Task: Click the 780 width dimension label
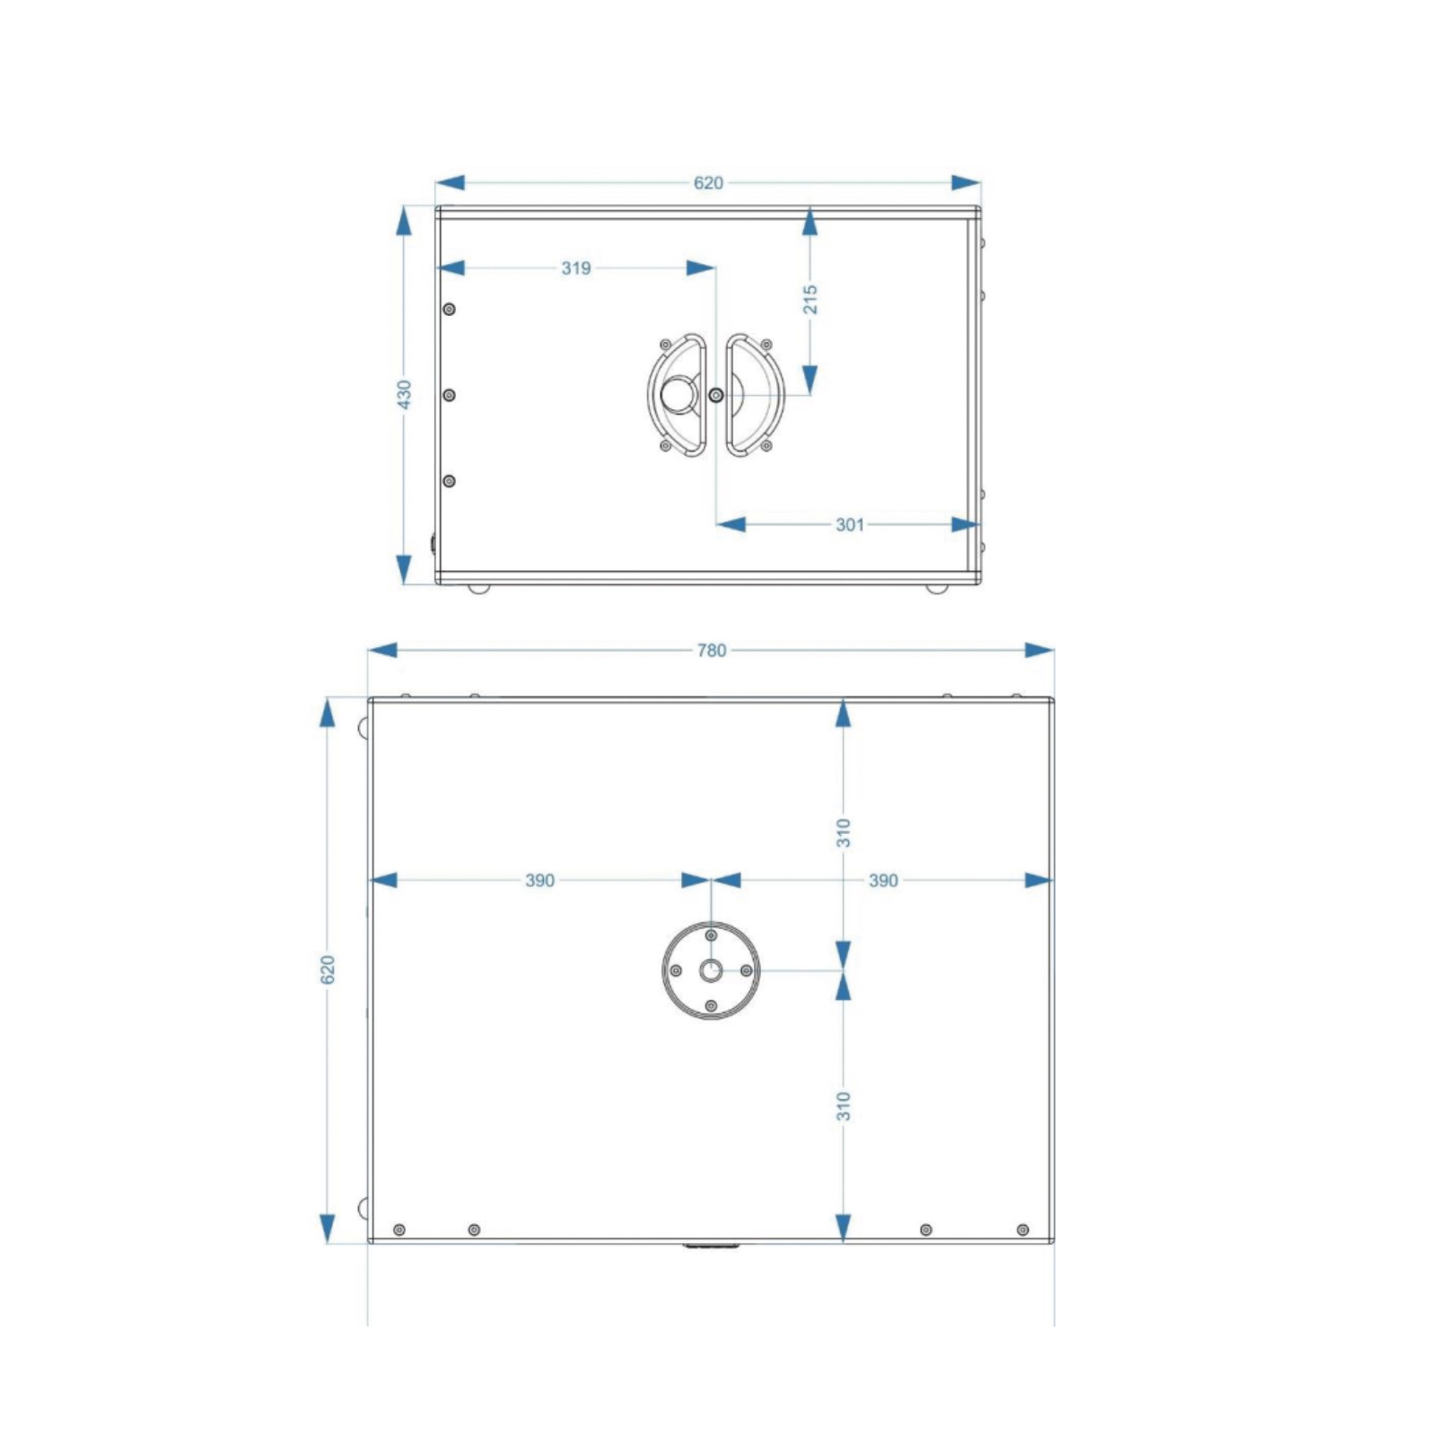tap(712, 651)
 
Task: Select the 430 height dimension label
tap(405, 395)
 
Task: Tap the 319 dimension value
tap(576, 268)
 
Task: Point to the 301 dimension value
tap(850, 525)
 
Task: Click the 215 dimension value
tap(810, 300)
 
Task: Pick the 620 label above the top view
tap(708, 183)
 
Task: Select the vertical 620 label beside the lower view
tap(328, 969)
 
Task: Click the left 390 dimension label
tap(540, 880)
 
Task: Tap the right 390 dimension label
tap(883, 880)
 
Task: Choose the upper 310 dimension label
tap(844, 833)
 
